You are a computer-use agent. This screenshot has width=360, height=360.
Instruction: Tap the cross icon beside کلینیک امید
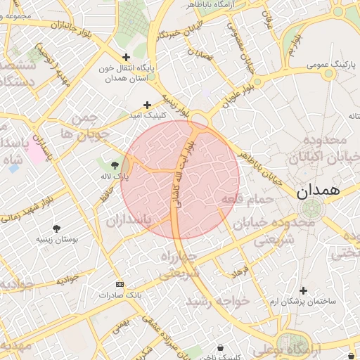point(147,104)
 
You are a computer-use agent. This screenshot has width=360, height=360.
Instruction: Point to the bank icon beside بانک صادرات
point(119,284)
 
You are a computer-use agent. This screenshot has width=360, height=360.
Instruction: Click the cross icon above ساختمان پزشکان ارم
point(303,290)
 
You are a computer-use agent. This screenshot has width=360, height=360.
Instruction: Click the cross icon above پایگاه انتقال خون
point(126,57)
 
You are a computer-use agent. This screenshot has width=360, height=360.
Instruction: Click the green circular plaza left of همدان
point(311,209)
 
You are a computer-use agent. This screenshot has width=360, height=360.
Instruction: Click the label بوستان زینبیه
point(56,240)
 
